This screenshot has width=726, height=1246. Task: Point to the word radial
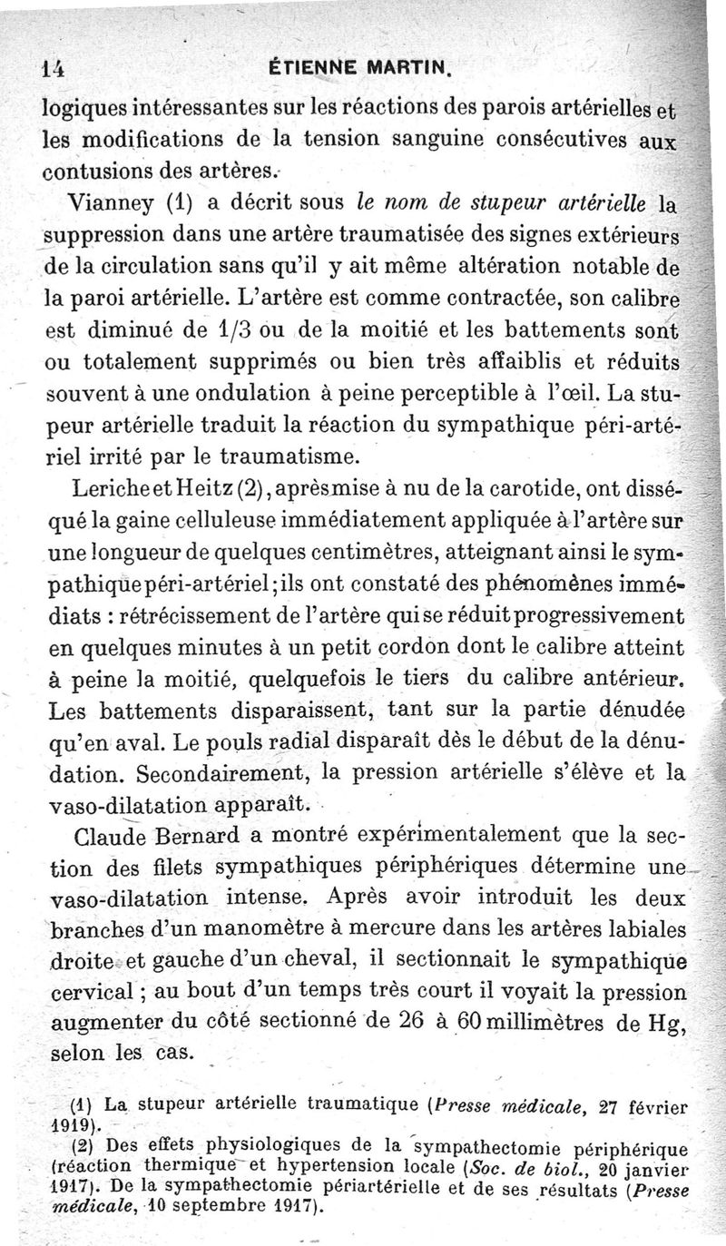pos(294,741)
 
